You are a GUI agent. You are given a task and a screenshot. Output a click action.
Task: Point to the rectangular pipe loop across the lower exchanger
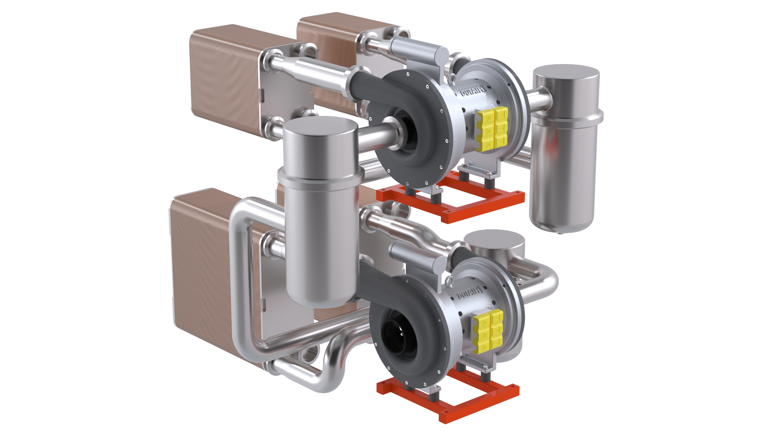coord(245,261)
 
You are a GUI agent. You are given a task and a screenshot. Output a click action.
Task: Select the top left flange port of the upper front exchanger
coord(272,62)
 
